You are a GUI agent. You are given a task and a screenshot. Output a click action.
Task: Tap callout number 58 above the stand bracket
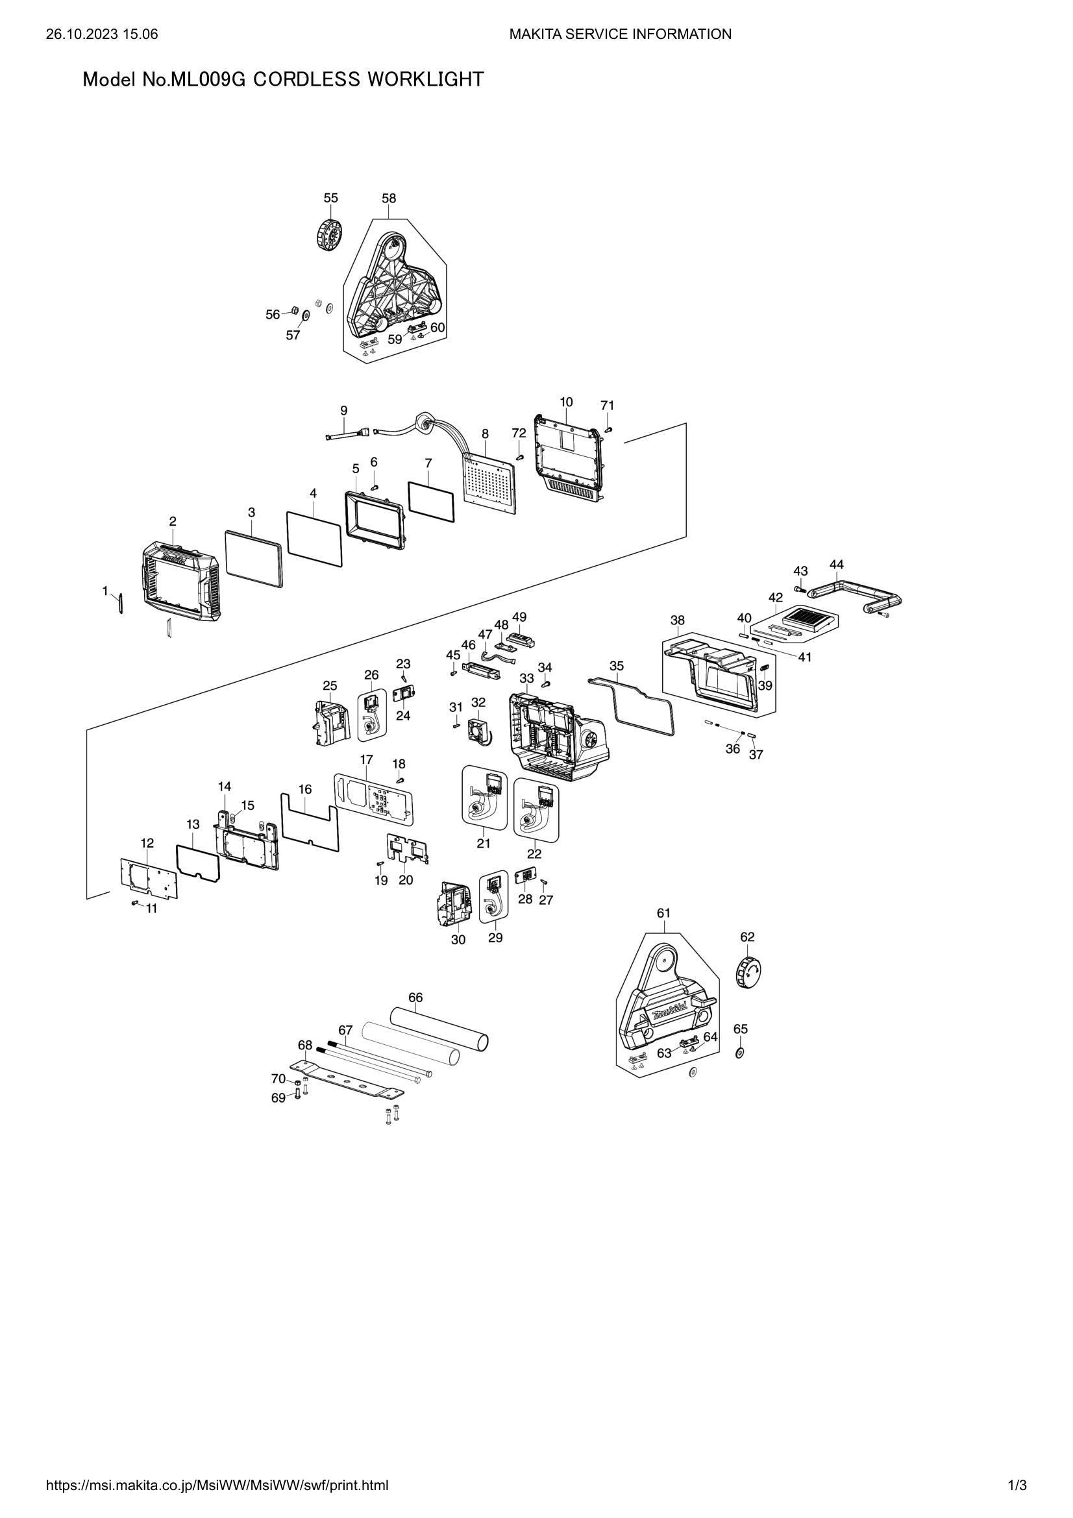coord(389,199)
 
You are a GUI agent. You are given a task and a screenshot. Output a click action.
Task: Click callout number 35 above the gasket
coord(616,666)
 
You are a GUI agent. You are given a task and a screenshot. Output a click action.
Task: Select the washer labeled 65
coord(739,1053)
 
